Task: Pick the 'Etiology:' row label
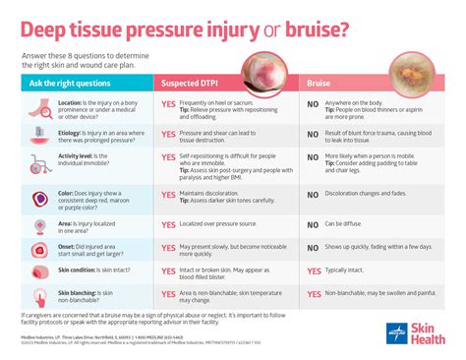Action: pyautogui.click(x=70, y=142)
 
